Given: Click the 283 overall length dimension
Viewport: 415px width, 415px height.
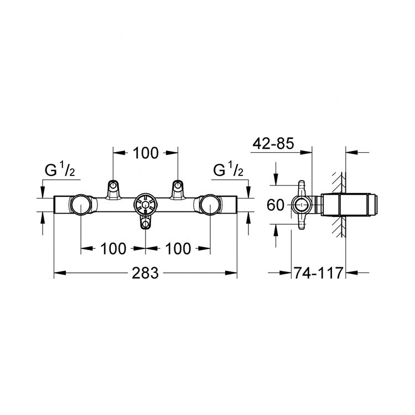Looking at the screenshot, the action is tap(146, 273).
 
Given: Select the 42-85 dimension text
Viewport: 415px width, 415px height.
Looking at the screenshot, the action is tap(273, 144).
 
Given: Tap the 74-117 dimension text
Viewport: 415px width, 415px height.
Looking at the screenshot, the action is tap(318, 273).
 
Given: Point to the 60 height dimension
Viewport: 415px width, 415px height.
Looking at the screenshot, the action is tap(275, 205).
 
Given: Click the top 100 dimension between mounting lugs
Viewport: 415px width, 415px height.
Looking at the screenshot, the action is tap(146, 153).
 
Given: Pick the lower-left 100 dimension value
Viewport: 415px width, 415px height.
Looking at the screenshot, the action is tap(113, 249).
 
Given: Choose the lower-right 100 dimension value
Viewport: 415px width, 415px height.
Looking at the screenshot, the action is tap(178, 249).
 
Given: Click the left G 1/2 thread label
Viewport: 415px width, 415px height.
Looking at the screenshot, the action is tap(60, 169).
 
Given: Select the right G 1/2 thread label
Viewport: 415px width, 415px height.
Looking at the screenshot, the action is tap(228, 169).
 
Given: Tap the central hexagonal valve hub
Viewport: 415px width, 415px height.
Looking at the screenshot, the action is tap(146, 205).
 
